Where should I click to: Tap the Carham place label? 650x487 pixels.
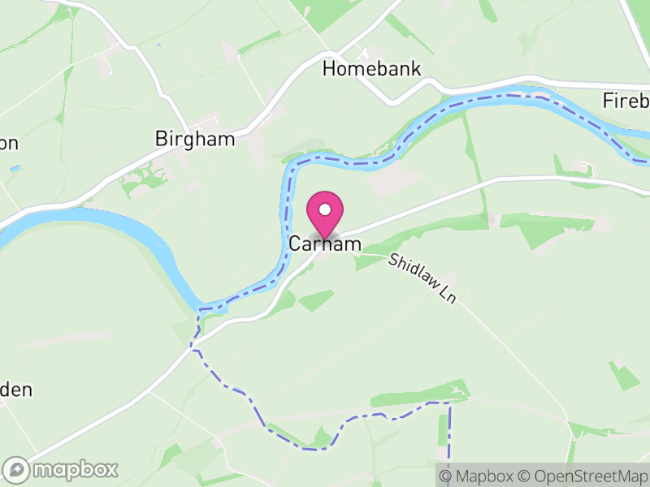click(x=325, y=244)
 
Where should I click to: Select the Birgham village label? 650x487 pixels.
click(x=195, y=140)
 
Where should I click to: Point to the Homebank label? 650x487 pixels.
click(x=372, y=69)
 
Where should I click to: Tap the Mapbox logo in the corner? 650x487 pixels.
click(x=61, y=469)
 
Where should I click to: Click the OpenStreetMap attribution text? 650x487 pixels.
click(x=583, y=476)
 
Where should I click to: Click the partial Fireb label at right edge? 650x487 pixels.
click(x=626, y=101)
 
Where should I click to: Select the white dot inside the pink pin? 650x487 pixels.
click(x=325, y=209)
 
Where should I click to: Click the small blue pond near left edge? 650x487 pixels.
click(x=14, y=168)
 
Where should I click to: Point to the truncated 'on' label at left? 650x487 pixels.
click(x=9, y=143)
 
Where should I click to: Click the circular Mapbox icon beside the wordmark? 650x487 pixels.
click(x=17, y=469)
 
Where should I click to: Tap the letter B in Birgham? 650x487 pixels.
click(x=161, y=140)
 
